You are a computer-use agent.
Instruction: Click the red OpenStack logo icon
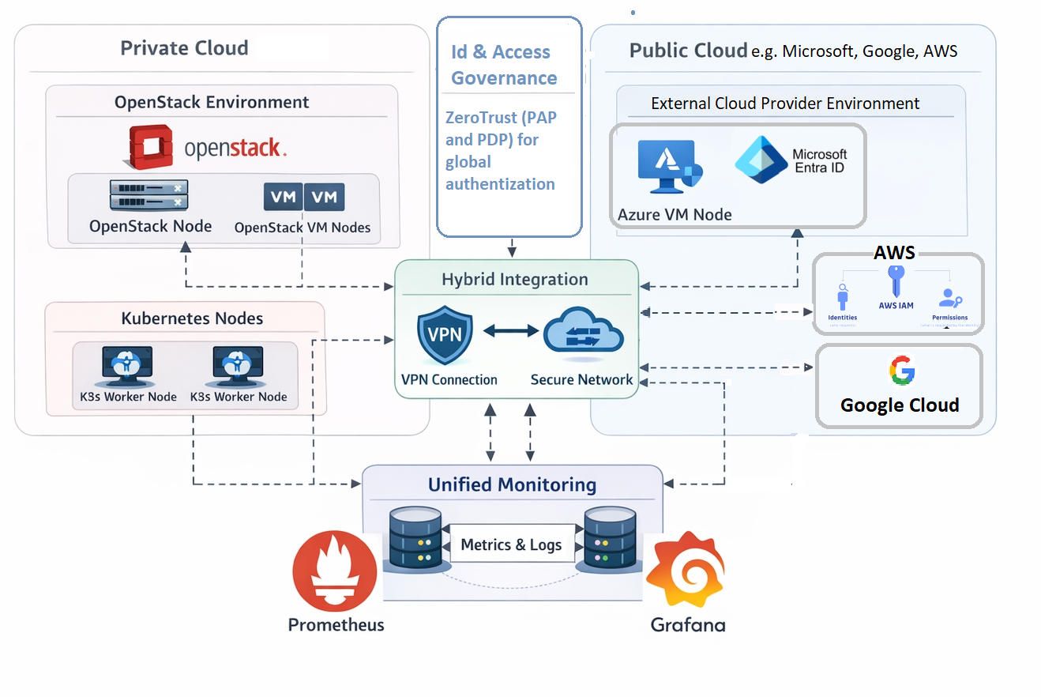point(151,148)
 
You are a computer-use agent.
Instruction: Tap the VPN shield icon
point(445,337)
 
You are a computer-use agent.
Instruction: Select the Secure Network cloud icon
point(583,332)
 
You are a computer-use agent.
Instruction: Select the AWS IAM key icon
point(896,281)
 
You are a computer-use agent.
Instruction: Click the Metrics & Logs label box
point(511,544)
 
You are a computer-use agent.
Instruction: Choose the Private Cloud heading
point(184,48)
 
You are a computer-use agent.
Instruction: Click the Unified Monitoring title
point(512,484)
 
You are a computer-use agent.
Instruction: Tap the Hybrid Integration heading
point(514,280)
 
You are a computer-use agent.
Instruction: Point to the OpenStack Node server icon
point(149,195)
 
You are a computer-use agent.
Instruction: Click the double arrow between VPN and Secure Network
point(510,331)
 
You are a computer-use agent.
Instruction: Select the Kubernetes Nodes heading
point(192,318)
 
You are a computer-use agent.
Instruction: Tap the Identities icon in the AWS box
point(843,297)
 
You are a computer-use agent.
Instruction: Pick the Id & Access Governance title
point(503,65)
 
